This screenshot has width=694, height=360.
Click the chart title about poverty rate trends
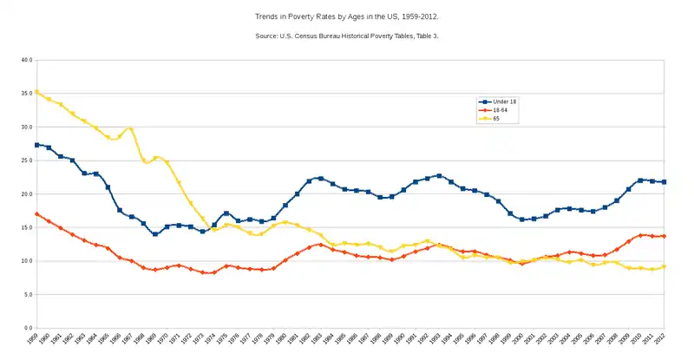[346, 16]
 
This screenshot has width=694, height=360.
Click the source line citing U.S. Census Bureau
[346, 35]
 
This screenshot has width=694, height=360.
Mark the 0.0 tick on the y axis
[27, 328]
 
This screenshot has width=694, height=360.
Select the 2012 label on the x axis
[665, 340]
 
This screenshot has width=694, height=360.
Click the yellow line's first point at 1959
[36, 92]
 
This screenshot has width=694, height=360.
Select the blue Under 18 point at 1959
[36, 145]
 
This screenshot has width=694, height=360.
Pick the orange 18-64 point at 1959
[36, 213]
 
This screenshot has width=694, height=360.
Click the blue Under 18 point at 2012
[665, 182]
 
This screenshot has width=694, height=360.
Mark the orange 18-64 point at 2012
[665, 236]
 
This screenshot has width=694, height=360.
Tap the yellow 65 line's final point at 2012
[665, 267]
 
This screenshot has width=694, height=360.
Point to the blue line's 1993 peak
[439, 176]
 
